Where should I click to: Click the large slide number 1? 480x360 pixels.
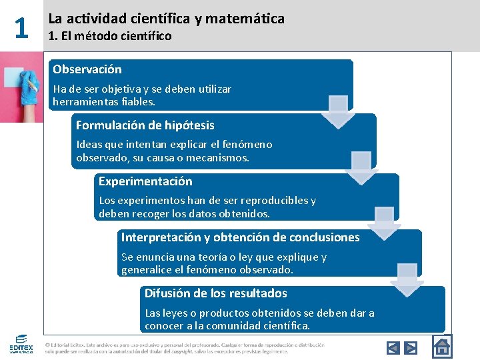21,28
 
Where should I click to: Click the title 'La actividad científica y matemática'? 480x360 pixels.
166,19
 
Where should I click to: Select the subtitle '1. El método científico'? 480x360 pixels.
110,36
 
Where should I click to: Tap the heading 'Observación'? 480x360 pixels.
87,69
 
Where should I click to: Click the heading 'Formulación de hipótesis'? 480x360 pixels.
145,125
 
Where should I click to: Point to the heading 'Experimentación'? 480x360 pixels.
145,181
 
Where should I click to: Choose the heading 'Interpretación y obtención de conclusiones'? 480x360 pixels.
240,237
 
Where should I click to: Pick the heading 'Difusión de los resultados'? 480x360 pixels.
215,293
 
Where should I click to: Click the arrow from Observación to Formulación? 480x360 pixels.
339,111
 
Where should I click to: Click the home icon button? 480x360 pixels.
441,347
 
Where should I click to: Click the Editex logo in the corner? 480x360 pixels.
21,344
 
